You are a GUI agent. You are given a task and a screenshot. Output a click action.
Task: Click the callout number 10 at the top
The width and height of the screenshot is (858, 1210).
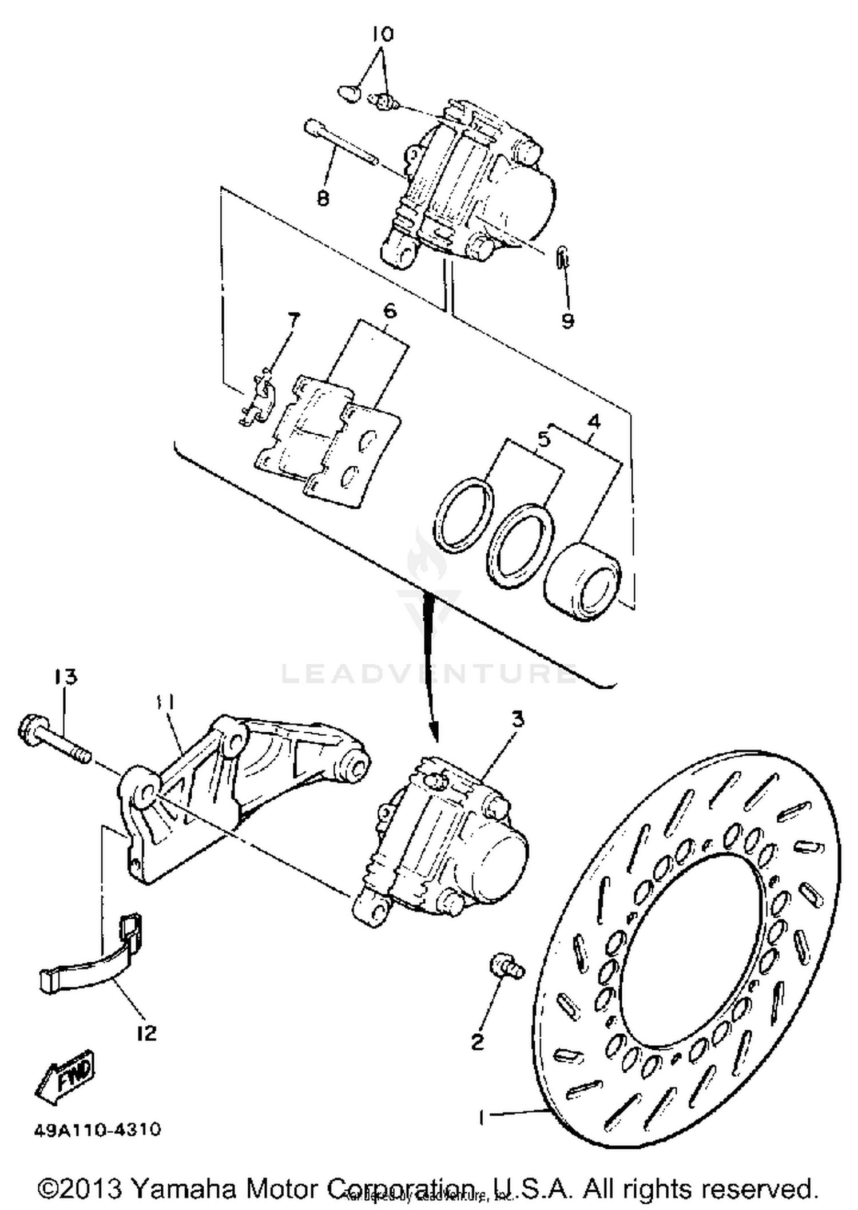coord(383,35)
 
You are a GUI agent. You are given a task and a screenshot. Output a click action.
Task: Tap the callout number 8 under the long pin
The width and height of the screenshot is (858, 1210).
coord(323,199)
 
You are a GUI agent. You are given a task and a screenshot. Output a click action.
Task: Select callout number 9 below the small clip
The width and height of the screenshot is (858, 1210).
coord(567,321)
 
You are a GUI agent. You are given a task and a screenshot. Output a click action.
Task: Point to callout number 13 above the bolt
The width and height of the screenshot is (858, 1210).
coord(66,677)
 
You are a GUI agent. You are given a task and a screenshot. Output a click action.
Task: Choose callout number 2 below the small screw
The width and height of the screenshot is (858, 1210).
coord(478,1042)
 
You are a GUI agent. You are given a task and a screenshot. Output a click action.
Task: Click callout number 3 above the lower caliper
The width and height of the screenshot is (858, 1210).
coord(518,720)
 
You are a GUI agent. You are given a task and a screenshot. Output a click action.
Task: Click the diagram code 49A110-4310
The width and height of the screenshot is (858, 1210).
coord(97,1130)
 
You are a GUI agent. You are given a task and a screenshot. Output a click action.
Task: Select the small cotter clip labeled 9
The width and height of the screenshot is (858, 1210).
coord(562,256)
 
